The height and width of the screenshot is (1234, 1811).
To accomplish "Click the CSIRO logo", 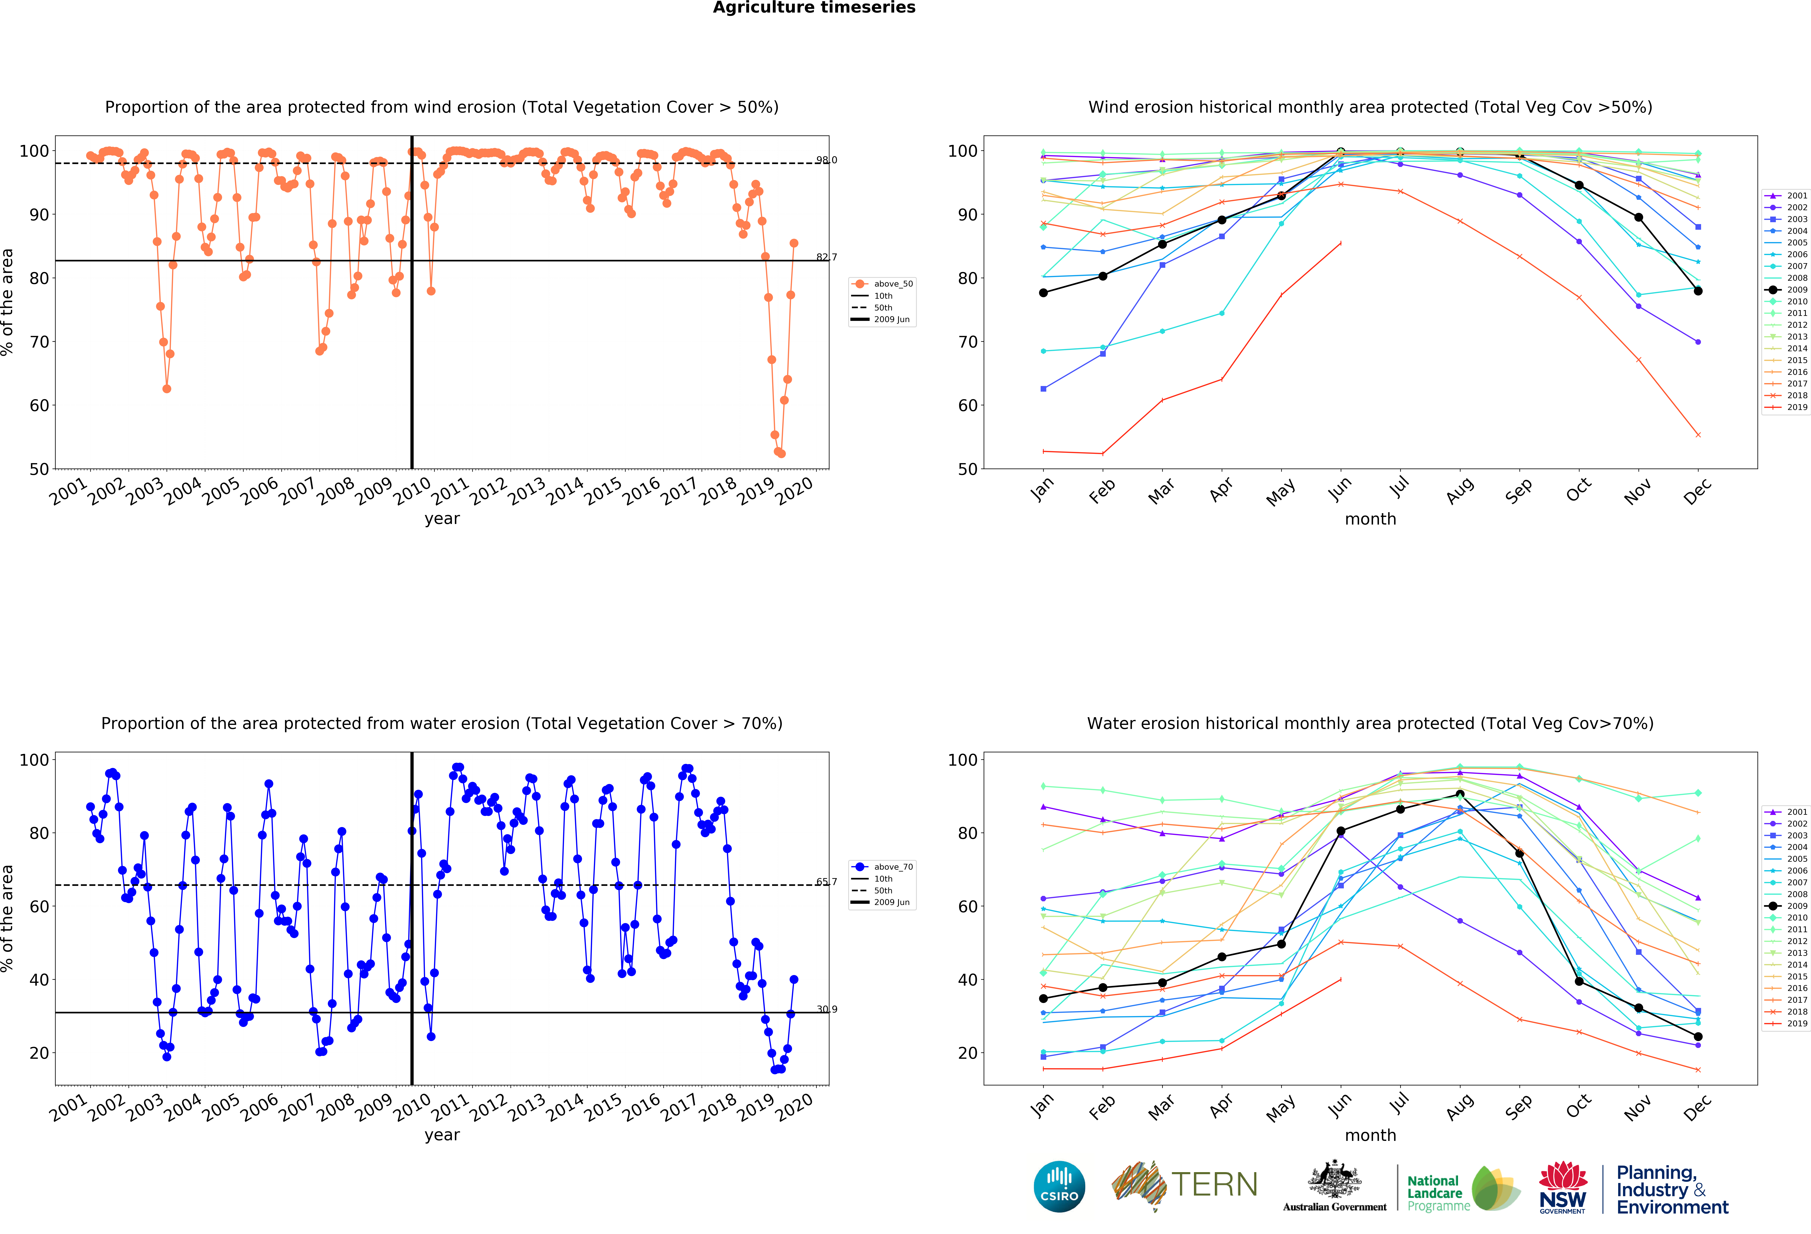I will (x=1059, y=1186).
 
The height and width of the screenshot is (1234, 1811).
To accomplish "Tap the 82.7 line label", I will (x=826, y=257).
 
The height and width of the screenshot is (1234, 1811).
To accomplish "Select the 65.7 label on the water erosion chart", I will (x=826, y=882).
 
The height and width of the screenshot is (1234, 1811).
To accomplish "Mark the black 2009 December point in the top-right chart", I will (x=1698, y=291).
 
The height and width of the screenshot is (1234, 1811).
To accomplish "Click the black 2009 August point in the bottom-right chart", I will (x=1460, y=794).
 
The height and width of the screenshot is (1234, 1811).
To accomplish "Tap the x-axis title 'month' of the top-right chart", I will (x=1370, y=519).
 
